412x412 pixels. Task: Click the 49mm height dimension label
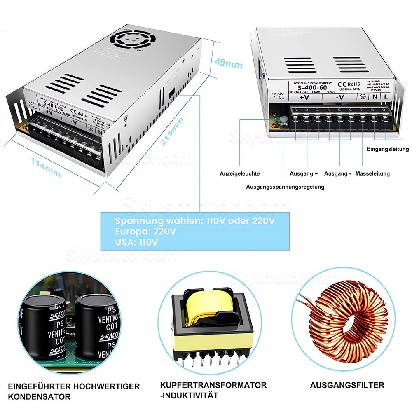coord(228,64)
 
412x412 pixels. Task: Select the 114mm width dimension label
coord(46,168)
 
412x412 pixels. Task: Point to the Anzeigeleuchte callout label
coord(240,174)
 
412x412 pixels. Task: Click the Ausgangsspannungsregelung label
coord(285,187)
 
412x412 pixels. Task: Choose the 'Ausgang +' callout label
coord(304,174)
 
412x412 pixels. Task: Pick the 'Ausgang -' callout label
coord(337,174)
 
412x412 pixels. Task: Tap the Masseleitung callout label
coord(373,174)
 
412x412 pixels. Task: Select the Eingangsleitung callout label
coord(387,149)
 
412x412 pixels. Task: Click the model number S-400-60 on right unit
coord(312,87)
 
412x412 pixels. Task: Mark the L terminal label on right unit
coord(386,97)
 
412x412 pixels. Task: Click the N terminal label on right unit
coord(375,97)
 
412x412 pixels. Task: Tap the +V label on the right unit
coord(304,98)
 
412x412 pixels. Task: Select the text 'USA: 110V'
coord(136,242)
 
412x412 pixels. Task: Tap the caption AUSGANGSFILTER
coord(347,385)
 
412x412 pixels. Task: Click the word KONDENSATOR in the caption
coord(39,397)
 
